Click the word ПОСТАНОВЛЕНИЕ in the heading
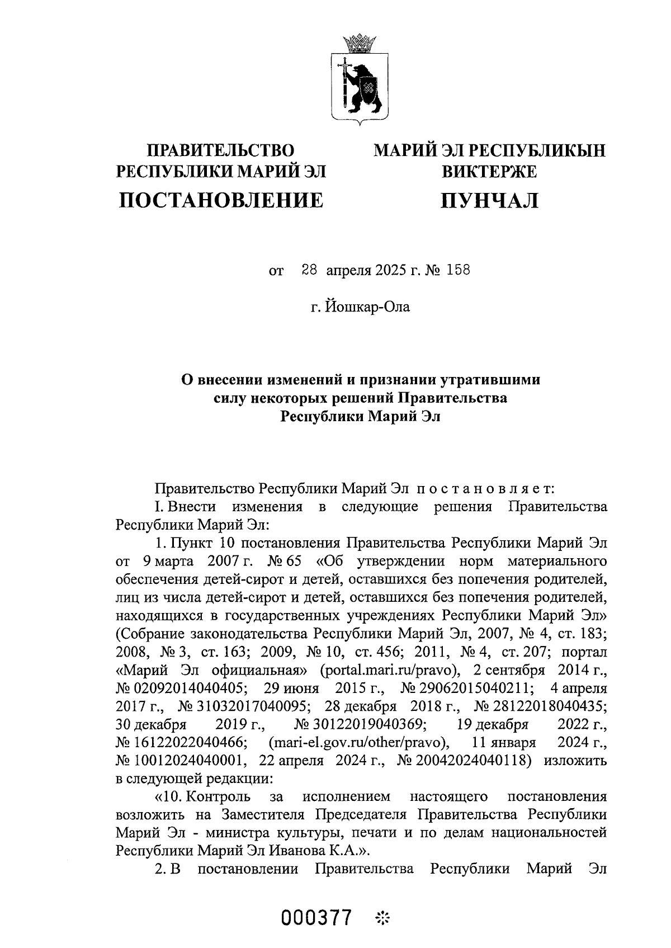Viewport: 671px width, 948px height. pos(221,200)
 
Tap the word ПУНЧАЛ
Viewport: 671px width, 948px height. pos(489,200)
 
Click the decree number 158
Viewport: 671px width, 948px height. pos(458,271)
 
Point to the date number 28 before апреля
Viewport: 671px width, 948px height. pos(309,271)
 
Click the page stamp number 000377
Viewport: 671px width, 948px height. pos(318,918)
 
